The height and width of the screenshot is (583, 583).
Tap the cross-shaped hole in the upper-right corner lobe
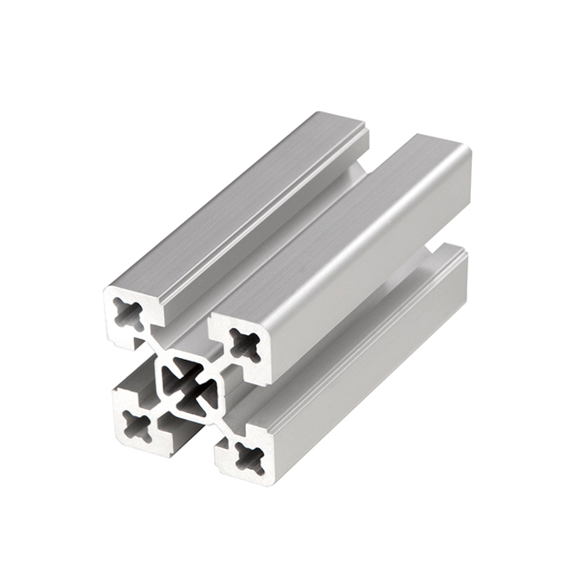[244, 344]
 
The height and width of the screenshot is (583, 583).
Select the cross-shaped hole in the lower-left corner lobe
[138, 424]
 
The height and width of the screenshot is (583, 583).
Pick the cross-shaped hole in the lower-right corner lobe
[249, 456]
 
